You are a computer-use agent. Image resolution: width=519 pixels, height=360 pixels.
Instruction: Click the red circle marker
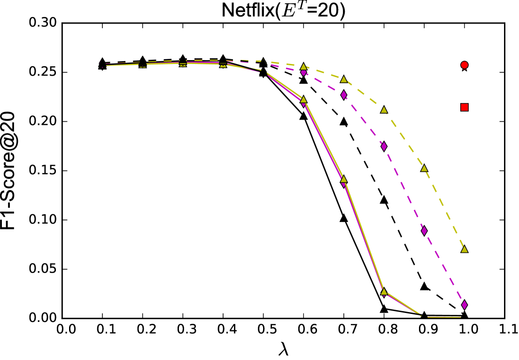click(464, 65)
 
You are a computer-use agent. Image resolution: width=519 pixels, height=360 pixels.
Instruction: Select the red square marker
click(464, 107)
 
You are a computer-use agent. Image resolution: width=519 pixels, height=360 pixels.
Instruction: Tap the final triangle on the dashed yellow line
click(464, 249)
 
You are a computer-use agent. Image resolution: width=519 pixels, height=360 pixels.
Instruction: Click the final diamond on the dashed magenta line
click(464, 305)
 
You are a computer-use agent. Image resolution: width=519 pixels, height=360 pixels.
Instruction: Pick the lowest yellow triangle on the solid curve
click(384, 291)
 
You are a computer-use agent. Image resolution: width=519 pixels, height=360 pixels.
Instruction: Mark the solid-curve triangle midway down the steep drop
click(343, 179)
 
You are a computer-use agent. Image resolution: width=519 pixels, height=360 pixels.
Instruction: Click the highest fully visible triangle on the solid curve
click(303, 99)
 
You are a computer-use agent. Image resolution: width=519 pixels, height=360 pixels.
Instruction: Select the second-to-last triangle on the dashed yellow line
click(424, 168)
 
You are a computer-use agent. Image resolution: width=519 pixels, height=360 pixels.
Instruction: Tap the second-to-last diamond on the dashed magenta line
click(424, 231)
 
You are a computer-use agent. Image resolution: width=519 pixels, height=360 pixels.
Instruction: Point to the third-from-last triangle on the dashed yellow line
click(384, 110)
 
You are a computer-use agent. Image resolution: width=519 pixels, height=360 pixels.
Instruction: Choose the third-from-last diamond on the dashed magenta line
click(384, 146)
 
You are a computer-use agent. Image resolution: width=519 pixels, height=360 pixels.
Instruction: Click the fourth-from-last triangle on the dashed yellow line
click(343, 79)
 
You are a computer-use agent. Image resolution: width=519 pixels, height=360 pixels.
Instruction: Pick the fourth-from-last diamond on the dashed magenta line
click(343, 95)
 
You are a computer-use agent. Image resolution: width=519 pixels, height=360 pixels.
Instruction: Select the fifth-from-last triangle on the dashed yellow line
click(303, 66)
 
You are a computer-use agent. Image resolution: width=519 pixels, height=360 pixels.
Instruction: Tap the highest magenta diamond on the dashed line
click(303, 73)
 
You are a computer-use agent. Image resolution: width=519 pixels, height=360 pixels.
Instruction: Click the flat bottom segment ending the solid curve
click(442, 317)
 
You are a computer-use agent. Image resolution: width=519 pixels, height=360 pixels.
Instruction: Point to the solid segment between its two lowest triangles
click(364, 235)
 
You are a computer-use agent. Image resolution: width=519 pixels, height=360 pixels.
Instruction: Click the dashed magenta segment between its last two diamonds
click(444, 268)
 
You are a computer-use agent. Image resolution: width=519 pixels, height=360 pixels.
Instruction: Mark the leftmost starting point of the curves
click(102, 64)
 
